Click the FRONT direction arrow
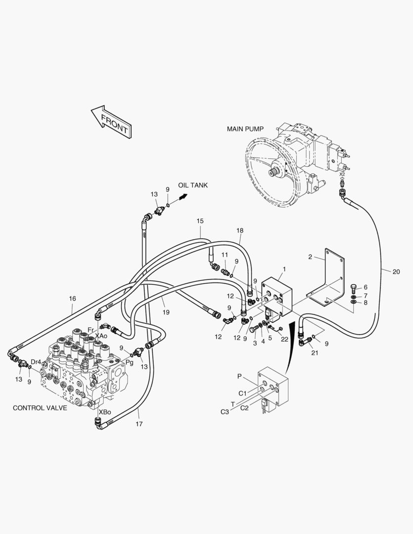pyautogui.click(x=111, y=122)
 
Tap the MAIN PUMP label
pyautogui.click(x=245, y=129)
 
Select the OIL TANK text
pyautogui.click(x=193, y=185)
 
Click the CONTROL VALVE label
pyautogui.click(x=40, y=408)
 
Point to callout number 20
pyautogui.click(x=396, y=272)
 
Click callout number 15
pyautogui.click(x=200, y=221)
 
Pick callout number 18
pyautogui.click(x=240, y=230)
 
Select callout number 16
pyautogui.click(x=73, y=299)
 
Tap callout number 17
pyautogui.click(x=139, y=424)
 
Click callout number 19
pyautogui.click(x=166, y=312)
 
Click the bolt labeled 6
pyautogui.click(x=354, y=289)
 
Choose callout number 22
pyautogui.click(x=284, y=339)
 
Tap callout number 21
pyautogui.click(x=315, y=353)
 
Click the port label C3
pyautogui.click(x=225, y=412)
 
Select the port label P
pyautogui.click(x=239, y=376)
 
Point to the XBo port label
pyautogui.click(x=105, y=412)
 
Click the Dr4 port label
pyautogui.click(x=36, y=361)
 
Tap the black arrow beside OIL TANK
pyautogui.click(x=184, y=196)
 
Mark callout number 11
pyautogui.click(x=225, y=255)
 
